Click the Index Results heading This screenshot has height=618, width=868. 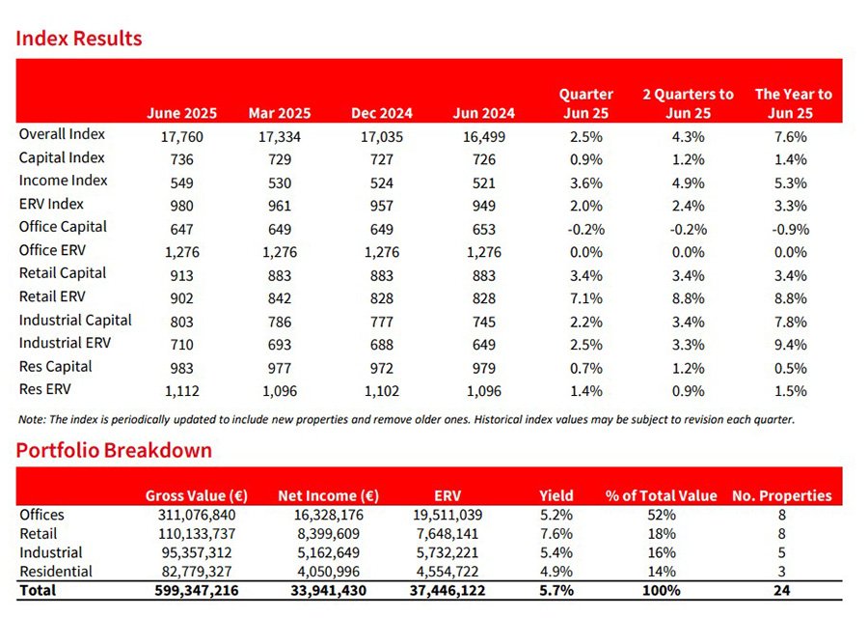[x=79, y=39]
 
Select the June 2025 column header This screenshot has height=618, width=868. [x=181, y=113]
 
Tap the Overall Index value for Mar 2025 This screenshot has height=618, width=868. [x=280, y=136]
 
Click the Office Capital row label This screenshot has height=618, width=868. [x=63, y=227]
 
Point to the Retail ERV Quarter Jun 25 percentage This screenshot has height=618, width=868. [x=585, y=298]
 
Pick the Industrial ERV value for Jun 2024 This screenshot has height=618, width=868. [x=484, y=344]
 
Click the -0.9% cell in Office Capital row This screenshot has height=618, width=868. [x=790, y=229]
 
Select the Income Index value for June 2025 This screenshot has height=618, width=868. [x=181, y=183]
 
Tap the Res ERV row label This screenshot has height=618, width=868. [x=44, y=389]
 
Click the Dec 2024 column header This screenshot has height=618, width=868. [x=382, y=113]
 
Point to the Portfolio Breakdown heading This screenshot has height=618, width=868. [x=114, y=450]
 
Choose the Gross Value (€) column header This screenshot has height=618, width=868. [x=197, y=495]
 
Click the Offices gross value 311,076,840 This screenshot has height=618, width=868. [x=197, y=515]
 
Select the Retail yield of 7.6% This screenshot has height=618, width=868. [x=556, y=534]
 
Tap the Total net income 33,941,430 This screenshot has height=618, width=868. [x=328, y=590]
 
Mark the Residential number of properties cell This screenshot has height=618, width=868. [x=781, y=572]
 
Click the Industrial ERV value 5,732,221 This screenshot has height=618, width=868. [x=448, y=552]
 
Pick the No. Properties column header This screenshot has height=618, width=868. [x=781, y=495]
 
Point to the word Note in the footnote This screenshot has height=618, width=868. [x=32, y=420]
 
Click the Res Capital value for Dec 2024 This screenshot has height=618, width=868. [x=382, y=368]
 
